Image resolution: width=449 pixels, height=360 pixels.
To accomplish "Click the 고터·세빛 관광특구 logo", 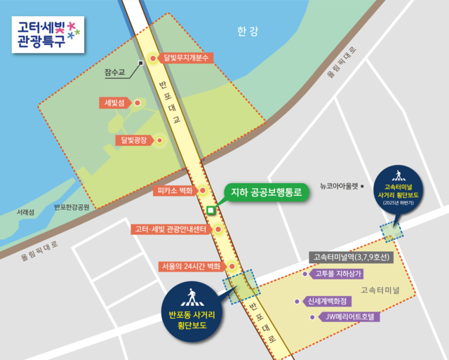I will click(47, 34).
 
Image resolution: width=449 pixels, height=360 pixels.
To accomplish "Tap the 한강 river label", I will click(248, 32).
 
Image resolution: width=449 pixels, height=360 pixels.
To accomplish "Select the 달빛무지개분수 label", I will click(187, 58).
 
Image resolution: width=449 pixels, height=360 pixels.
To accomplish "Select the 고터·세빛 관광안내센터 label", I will click(171, 229).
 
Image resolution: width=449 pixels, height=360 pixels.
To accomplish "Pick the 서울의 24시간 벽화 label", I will click(189, 267).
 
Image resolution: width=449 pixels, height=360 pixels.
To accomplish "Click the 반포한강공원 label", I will click(72, 208).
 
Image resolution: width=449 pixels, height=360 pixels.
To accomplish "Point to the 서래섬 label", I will click(26, 211).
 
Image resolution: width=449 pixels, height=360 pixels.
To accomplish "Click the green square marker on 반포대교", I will click(211, 209).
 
